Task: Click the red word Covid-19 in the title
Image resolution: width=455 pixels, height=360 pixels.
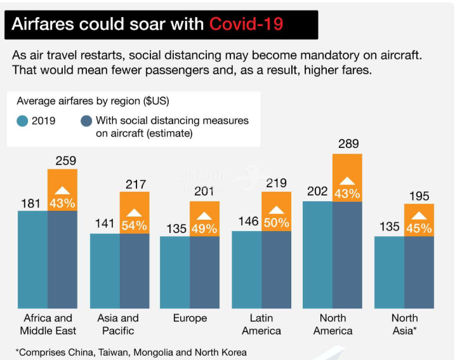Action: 246,24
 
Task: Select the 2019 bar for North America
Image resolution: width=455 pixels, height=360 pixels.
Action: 317,254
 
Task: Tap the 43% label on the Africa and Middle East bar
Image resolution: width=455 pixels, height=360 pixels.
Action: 62,203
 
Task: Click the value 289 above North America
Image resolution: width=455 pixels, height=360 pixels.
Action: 347,145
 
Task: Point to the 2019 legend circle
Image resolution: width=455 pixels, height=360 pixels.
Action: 23,121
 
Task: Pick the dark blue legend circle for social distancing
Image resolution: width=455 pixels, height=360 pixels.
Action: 86,121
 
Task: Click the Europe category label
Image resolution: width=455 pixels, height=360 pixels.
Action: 190,318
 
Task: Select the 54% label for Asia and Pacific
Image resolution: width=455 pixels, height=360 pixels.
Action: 135,225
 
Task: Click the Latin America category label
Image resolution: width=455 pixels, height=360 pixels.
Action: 261,324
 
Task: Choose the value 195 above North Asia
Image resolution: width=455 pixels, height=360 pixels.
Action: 419,196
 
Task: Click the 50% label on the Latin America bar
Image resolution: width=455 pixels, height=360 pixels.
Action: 277,223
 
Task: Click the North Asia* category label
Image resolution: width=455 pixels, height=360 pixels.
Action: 404,324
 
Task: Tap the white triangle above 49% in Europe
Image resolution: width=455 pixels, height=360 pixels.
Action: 205,216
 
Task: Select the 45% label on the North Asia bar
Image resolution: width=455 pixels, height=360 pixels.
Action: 419,229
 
